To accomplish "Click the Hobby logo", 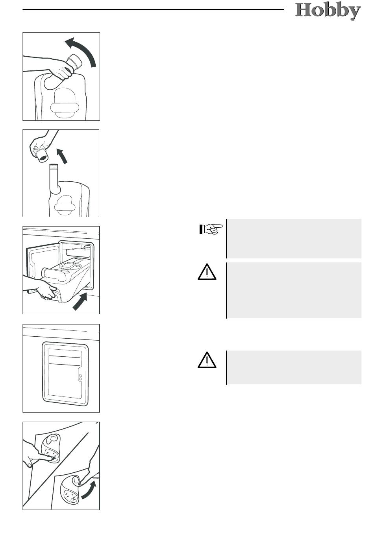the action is click(x=328, y=11).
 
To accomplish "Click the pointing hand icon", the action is click(x=211, y=229).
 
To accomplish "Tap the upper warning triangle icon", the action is click(x=207, y=272).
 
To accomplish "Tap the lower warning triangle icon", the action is click(x=207, y=360).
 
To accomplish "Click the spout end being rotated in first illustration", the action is click(x=75, y=61).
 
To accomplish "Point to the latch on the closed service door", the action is click(x=80, y=377).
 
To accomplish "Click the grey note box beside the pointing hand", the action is click(x=294, y=239).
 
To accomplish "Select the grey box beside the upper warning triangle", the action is click(x=294, y=290).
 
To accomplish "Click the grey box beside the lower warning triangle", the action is click(x=294, y=367).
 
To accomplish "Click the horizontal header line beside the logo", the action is click(x=153, y=9).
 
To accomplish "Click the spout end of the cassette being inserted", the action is click(x=44, y=272).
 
